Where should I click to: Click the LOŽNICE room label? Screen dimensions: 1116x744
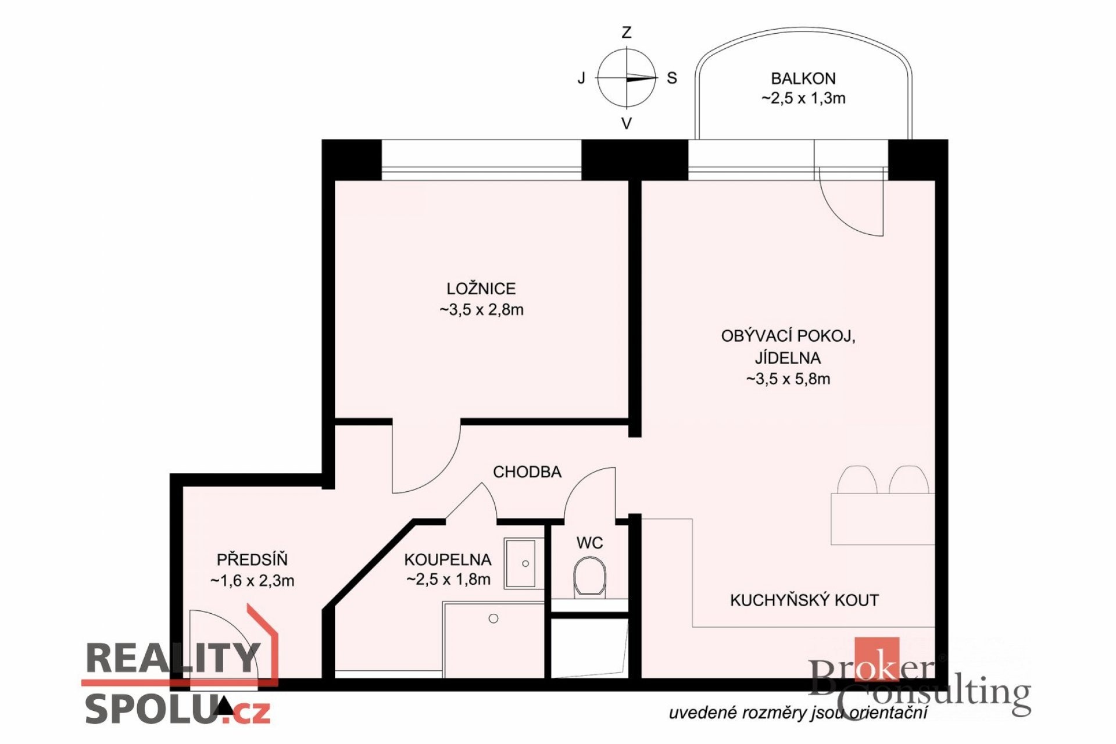(x=481, y=288)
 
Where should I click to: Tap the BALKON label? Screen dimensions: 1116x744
(x=803, y=78)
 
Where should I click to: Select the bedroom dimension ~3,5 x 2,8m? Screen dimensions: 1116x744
(x=481, y=310)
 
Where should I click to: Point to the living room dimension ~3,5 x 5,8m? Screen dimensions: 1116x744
(x=788, y=379)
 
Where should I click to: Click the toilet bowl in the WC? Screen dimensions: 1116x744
(x=589, y=578)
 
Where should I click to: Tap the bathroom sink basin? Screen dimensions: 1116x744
(x=520, y=563)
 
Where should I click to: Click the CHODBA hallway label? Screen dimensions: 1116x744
(x=527, y=471)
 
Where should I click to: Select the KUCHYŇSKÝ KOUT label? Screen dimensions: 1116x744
(x=804, y=600)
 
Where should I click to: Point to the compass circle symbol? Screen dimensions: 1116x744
(x=627, y=78)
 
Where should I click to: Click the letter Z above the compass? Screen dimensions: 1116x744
(x=627, y=33)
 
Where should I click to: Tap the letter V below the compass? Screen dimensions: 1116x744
(x=627, y=123)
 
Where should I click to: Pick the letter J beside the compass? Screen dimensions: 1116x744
(x=581, y=78)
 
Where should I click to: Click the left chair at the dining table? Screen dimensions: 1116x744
(x=857, y=480)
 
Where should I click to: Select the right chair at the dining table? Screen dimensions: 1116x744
(x=908, y=480)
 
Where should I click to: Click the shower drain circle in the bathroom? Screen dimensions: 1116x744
(x=493, y=618)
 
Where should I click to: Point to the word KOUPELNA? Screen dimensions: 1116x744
(x=448, y=559)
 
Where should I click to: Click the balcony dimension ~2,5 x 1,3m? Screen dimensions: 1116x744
(x=803, y=98)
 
